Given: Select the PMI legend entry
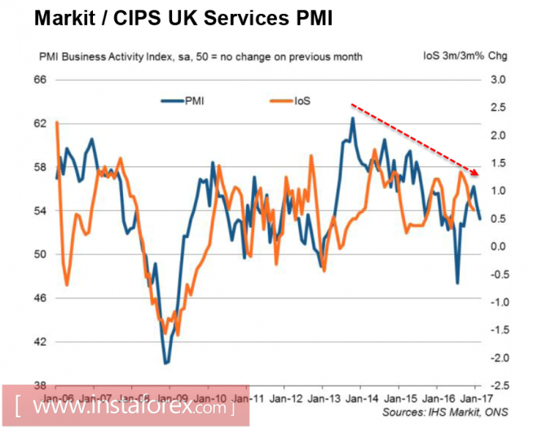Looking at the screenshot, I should (x=193, y=101).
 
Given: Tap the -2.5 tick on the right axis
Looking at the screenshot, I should (x=499, y=386).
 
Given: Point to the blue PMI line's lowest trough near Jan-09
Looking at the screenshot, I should (x=165, y=363).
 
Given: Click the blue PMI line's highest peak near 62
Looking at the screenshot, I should (x=352, y=118).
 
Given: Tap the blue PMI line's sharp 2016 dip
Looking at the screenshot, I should (x=457, y=283).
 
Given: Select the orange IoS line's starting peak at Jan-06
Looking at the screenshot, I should (x=57, y=122).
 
